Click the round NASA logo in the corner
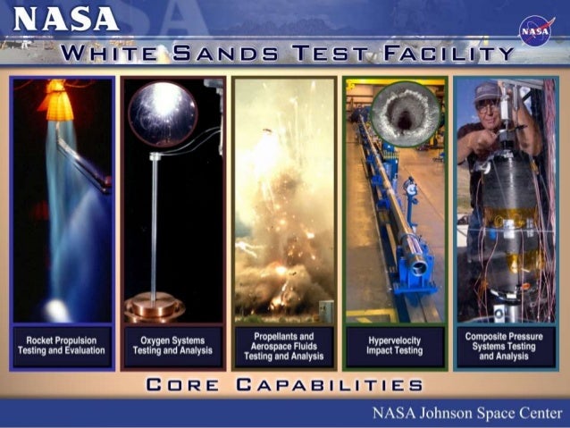tap(536, 29)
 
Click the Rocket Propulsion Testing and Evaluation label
tap(62, 345)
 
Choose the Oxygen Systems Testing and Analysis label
tap(173, 345)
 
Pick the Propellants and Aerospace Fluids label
tap(283, 345)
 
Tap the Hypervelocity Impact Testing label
tap(395, 345)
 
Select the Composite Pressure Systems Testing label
tap(506, 345)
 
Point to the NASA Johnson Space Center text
tap(466, 413)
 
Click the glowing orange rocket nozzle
tap(59, 103)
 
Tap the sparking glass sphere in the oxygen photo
tap(162, 113)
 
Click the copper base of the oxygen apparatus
tap(154, 306)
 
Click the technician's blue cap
tap(486, 90)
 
